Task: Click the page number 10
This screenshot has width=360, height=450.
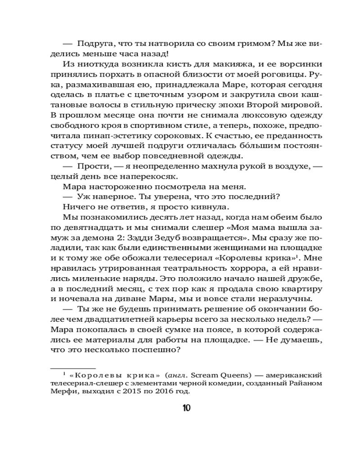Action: [186, 408]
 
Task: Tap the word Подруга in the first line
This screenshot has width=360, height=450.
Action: [93, 44]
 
